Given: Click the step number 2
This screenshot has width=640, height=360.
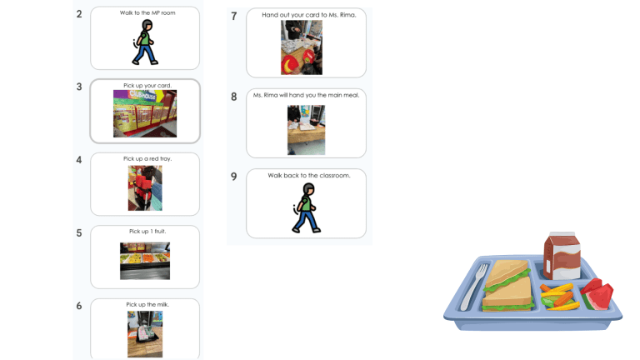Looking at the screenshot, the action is pyautogui.click(x=79, y=14).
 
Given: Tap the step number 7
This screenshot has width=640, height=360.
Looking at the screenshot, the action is pyautogui.click(x=234, y=17).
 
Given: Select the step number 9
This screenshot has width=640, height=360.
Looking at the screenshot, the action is pyautogui.click(x=234, y=177).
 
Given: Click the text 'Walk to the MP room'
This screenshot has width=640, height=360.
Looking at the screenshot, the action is pyautogui.click(x=147, y=13).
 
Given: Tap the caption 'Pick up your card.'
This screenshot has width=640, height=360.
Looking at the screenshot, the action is pyautogui.click(x=147, y=86).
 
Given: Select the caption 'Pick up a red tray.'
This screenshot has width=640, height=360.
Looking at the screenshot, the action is pyautogui.click(x=147, y=159).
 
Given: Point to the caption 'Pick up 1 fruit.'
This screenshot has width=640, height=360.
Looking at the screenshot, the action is pyautogui.click(x=147, y=232).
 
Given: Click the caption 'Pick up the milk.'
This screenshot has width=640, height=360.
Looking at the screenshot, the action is pyautogui.click(x=147, y=304).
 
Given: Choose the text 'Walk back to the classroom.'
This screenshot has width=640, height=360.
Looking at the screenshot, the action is pyautogui.click(x=309, y=176).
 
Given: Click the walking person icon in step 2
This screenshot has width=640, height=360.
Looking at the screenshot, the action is pyautogui.click(x=145, y=42).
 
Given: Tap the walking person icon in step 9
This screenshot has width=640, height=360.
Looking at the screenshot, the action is pyautogui.click(x=306, y=208).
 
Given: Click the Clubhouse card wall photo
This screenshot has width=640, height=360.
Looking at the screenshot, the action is pyautogui.click(x=145, y=113).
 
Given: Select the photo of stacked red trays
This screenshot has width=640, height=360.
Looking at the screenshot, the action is pyautogui.click(x=145, y=188).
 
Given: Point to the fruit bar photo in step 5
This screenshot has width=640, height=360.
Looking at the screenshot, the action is pyautogui.click(x=145, y=261).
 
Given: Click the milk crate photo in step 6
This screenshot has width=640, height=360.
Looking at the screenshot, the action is pyautogui.click(x=145, y=334).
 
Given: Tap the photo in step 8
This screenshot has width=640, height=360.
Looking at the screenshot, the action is pyautogui.click(x=306, y=130).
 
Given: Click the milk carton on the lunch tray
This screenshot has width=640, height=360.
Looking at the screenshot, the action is pyautogui.click(x=562, y=256).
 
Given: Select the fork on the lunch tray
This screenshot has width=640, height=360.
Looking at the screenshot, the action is pyautogui.click(x=475, y=287).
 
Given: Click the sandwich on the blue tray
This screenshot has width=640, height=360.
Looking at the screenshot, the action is pyautogui.click(x=507, y=286).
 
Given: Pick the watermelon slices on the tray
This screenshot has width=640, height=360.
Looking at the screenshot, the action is pyautogui.click(x=597, y=294).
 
